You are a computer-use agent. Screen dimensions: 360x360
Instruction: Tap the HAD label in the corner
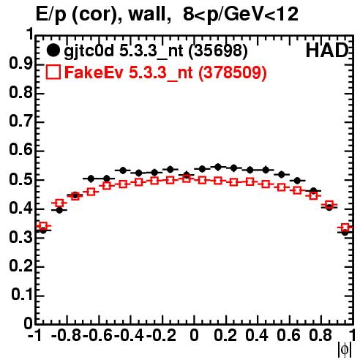[327, 50]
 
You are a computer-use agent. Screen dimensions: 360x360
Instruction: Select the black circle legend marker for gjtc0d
[53, 50]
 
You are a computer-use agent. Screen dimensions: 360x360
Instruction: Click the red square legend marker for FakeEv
[53, 72]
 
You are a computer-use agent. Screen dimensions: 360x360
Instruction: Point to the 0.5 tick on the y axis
[20, 180]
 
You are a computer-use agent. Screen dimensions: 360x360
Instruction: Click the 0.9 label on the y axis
[20, 64]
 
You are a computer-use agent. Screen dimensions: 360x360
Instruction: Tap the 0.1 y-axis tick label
[22, 295]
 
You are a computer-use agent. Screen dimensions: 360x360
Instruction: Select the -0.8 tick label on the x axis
[67, 335]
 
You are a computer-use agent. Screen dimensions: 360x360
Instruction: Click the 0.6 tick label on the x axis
[288, 335]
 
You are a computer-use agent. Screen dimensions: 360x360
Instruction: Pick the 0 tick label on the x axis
[194, 335]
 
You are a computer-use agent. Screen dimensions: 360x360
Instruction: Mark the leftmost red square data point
[43, 226]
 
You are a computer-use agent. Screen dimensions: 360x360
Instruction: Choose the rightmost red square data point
[345, 228]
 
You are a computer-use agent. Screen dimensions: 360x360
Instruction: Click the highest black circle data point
[218, 167]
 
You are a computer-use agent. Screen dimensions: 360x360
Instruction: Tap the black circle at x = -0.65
[91, 179]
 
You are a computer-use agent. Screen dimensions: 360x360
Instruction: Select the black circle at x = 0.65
[297, 181]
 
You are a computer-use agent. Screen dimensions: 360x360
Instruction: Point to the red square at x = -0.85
[59, 203]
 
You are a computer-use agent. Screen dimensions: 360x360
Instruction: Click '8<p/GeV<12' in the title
[241, 15]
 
